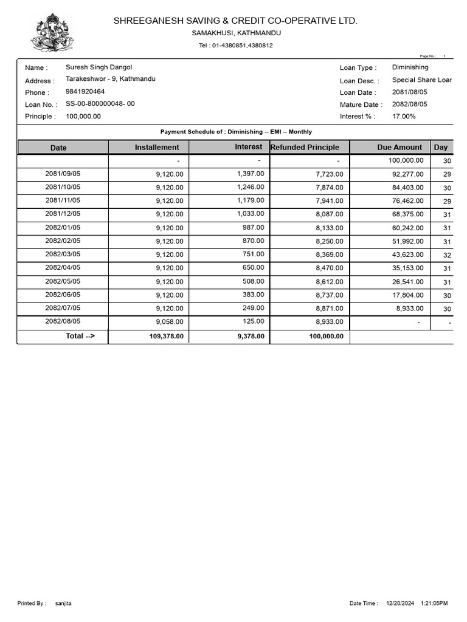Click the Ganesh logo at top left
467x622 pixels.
click(52, 33)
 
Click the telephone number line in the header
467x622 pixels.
click(235, 46)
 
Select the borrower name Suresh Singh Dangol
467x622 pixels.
click(99, 67)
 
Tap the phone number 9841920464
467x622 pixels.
click(85, 92)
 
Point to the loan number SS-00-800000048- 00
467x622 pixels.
click(100, 104)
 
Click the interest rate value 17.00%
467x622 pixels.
click(404, 116)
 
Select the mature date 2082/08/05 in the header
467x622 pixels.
click(409, 104)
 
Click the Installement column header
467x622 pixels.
click(157, 147)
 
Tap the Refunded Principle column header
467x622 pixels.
click(305, 147)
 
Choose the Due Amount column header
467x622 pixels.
click(400, 147)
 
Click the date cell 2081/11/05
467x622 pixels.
click(63, 200)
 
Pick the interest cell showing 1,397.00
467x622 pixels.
click(251, 174)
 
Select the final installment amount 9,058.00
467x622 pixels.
click(169, 322)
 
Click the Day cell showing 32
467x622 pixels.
click(448, 255)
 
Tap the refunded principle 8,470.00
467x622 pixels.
click(329, 268)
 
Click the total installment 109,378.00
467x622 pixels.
click(166, 337)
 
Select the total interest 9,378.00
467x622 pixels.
click(249, 337)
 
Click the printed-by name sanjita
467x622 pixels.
click(63, 603)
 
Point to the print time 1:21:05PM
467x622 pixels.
click(434, 603)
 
